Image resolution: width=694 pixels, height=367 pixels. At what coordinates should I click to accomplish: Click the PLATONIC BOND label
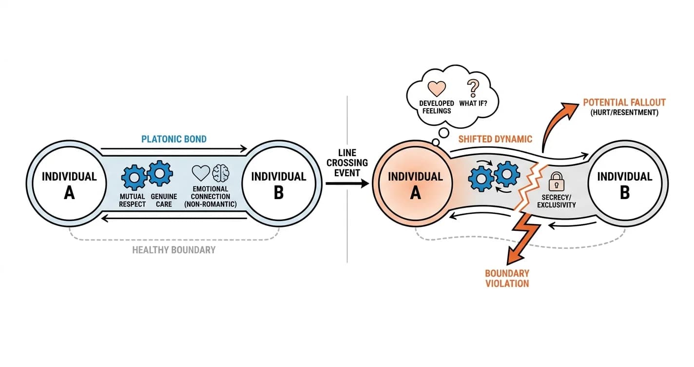(x=174, y=139)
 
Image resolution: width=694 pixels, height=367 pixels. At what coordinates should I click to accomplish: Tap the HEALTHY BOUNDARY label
(x=174, y=250)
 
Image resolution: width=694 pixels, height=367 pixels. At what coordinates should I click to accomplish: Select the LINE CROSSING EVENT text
(x=347, y=163)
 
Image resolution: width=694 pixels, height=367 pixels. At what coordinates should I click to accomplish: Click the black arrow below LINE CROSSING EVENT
(x=347, y=183)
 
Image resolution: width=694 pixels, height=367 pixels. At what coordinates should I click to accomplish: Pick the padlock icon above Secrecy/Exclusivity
(x=557, y=181)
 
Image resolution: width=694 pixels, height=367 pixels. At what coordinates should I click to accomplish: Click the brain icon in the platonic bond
(x=221, y=173)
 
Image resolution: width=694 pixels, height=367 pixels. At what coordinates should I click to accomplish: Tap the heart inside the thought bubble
(x=437, y=88)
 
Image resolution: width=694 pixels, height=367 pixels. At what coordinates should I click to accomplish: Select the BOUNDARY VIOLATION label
(x=507, y=278)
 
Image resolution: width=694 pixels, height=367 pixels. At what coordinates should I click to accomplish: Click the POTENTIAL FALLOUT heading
(x=624, y=102)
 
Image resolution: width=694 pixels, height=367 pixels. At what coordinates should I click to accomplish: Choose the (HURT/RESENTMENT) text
(x=624, y=113)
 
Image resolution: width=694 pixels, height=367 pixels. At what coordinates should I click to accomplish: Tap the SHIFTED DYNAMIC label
(x=495, y=139)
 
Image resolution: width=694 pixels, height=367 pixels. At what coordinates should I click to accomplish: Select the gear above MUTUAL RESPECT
(x=134, y=178)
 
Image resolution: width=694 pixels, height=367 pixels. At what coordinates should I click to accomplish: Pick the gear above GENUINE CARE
(x=159, y=173)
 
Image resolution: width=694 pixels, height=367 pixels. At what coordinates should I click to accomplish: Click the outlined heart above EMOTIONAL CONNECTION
(x=201, y=173)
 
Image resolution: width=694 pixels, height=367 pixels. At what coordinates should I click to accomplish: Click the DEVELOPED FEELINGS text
(x=437, y=107)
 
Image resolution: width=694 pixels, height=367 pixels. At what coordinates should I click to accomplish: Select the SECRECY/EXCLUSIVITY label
(x=557, y=201)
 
